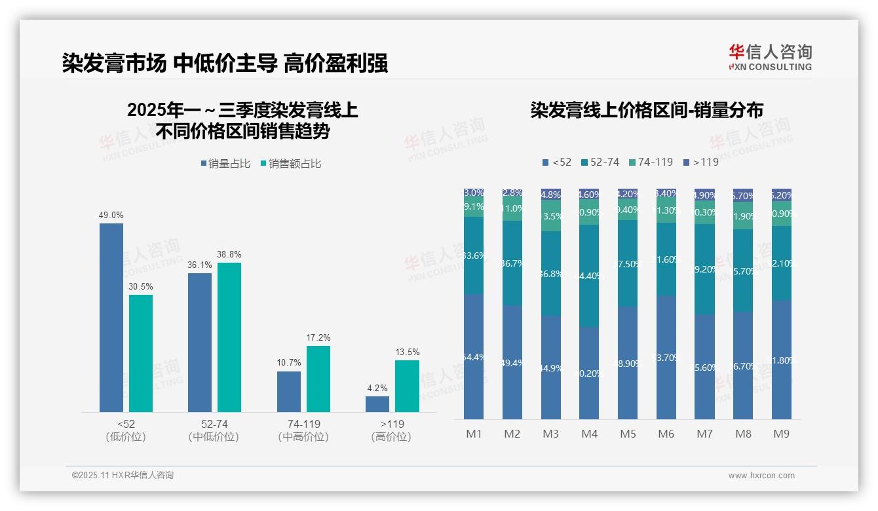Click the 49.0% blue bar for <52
(111, 318)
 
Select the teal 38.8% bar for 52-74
(229, 337)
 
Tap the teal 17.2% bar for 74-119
(318, 379)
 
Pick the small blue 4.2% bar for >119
(377, 404)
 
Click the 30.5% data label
(141, 286)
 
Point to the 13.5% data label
(408, 352)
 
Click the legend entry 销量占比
(225, 164)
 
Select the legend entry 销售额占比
(291, 164)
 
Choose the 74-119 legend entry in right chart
(651, 162)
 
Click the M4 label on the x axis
(589, 434)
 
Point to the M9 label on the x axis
(781, 434)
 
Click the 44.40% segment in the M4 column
(589, 276)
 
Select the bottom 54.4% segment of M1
(474, 357)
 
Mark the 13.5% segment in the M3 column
(551, 216)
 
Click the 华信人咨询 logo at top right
(770, 57)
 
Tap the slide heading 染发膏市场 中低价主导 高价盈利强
(225, 63)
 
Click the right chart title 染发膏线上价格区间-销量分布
(647, 110)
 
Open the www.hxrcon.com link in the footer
(761, 476)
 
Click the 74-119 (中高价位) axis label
(303, 430)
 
